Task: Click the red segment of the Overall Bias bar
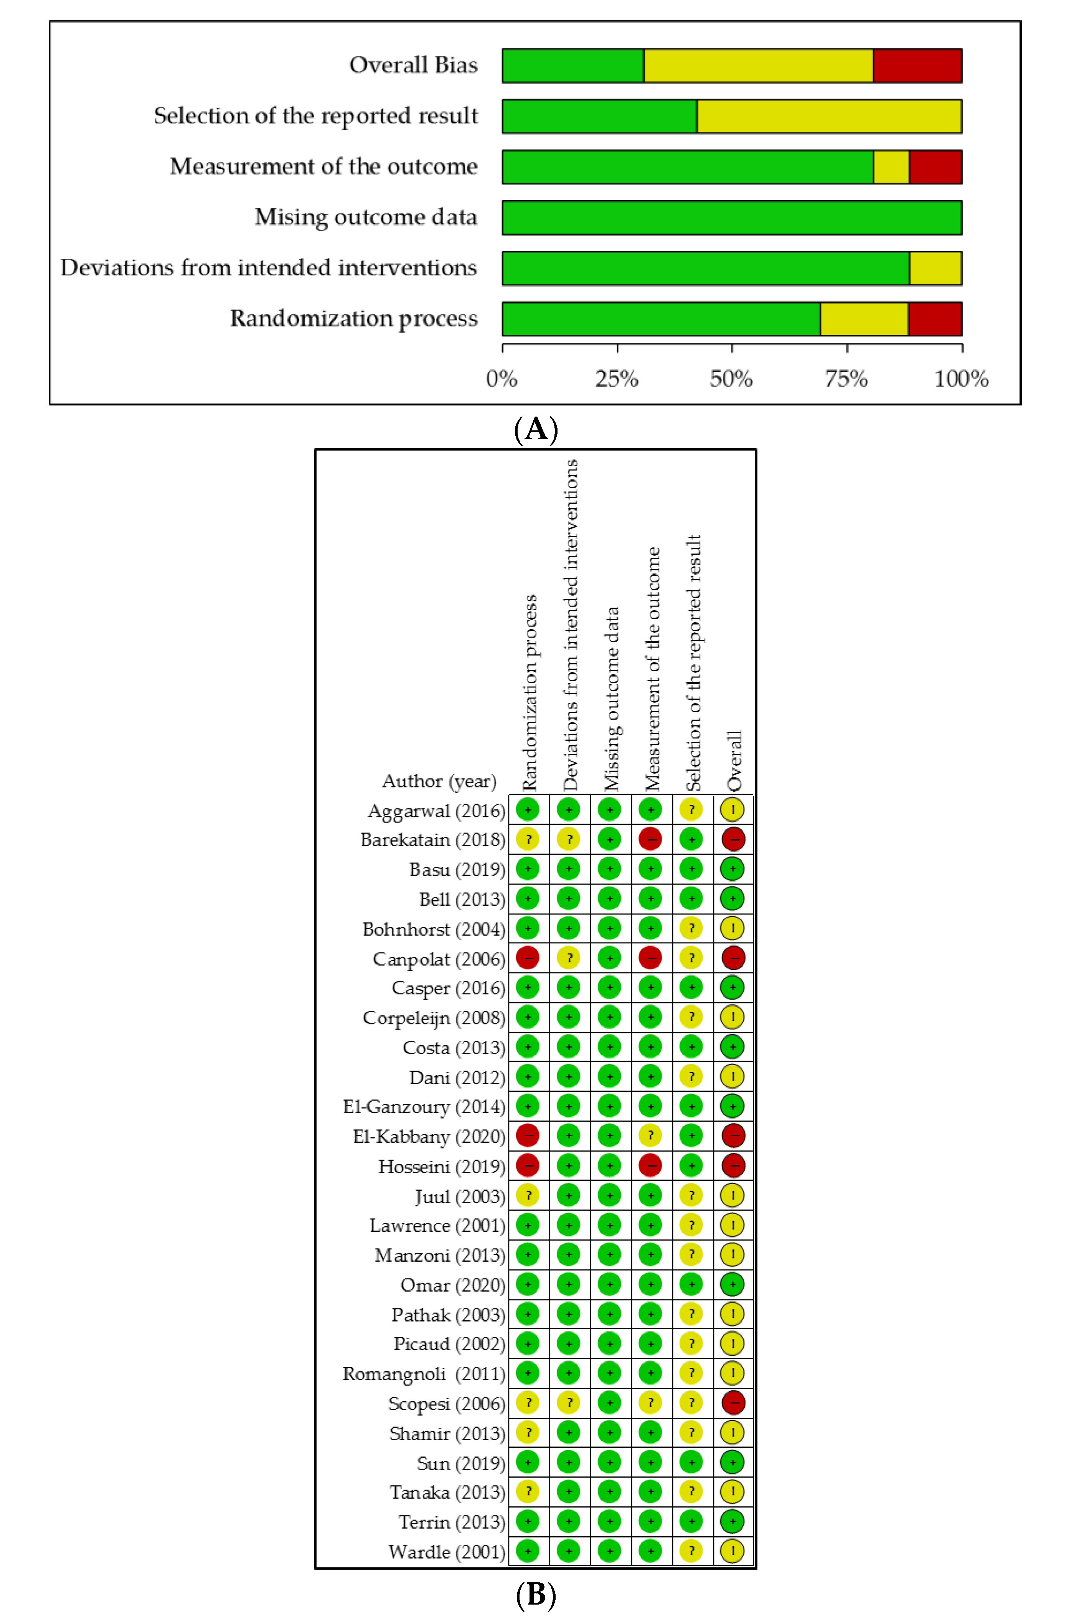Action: [x=917, y=66]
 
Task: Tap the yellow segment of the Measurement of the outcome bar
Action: [x=891, y=167]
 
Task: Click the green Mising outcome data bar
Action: [x=731, y=217]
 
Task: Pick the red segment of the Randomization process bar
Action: [x=935, y=319]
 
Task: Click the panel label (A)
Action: [x=536, y=429]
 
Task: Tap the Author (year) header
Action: [x=439, y=781]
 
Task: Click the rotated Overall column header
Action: [x=734, y=760]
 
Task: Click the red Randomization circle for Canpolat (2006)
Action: [x=528, y=957]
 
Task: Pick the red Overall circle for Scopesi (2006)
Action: [x=733, y=1403]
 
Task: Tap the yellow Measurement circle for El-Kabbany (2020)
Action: [x=650, y=1135]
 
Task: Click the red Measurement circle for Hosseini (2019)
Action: [x=650, y=1165]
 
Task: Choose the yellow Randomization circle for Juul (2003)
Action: [x=528, y=1195]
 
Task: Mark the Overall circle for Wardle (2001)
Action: [x=733, y=1551]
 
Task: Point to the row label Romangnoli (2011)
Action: [x=423, y=1373]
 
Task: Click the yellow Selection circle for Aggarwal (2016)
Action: [x=691, y=810]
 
